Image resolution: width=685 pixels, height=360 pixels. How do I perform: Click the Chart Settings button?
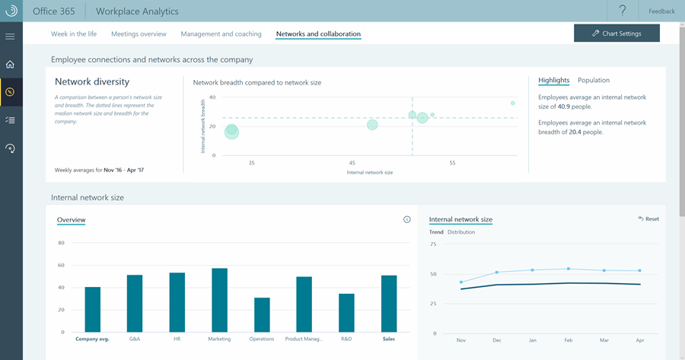pos(616,33)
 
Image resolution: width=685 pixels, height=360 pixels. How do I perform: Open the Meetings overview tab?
pos(139,34)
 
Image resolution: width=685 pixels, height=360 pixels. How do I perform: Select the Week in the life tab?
pos(74,34)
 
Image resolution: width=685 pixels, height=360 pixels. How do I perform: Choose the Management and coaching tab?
pos(221,34)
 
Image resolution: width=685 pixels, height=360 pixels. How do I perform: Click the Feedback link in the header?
pos(661,11)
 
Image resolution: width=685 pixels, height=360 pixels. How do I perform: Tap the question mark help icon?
pos(623,11)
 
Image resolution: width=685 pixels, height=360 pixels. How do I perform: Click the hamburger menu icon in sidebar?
pos(11,37)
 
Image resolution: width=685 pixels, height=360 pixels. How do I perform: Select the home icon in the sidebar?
pos(11,65)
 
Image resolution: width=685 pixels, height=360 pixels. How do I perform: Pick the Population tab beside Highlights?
pos(594,81)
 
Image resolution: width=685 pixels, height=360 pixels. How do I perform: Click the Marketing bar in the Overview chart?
pos(219,300)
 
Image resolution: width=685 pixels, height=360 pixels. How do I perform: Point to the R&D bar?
pos(346,313)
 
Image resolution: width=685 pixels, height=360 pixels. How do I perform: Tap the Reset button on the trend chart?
pos(648,219)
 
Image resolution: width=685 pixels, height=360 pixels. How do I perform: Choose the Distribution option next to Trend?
pos(461,232)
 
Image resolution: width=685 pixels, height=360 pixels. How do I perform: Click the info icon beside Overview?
pos(406,220)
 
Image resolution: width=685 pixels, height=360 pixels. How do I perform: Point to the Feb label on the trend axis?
pos(568,341)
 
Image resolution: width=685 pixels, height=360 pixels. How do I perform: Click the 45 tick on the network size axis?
pos(352,164)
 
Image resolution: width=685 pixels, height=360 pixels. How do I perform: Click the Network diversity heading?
pos(92,81)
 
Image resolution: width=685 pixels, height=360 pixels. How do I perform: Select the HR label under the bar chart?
pos(177,339)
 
